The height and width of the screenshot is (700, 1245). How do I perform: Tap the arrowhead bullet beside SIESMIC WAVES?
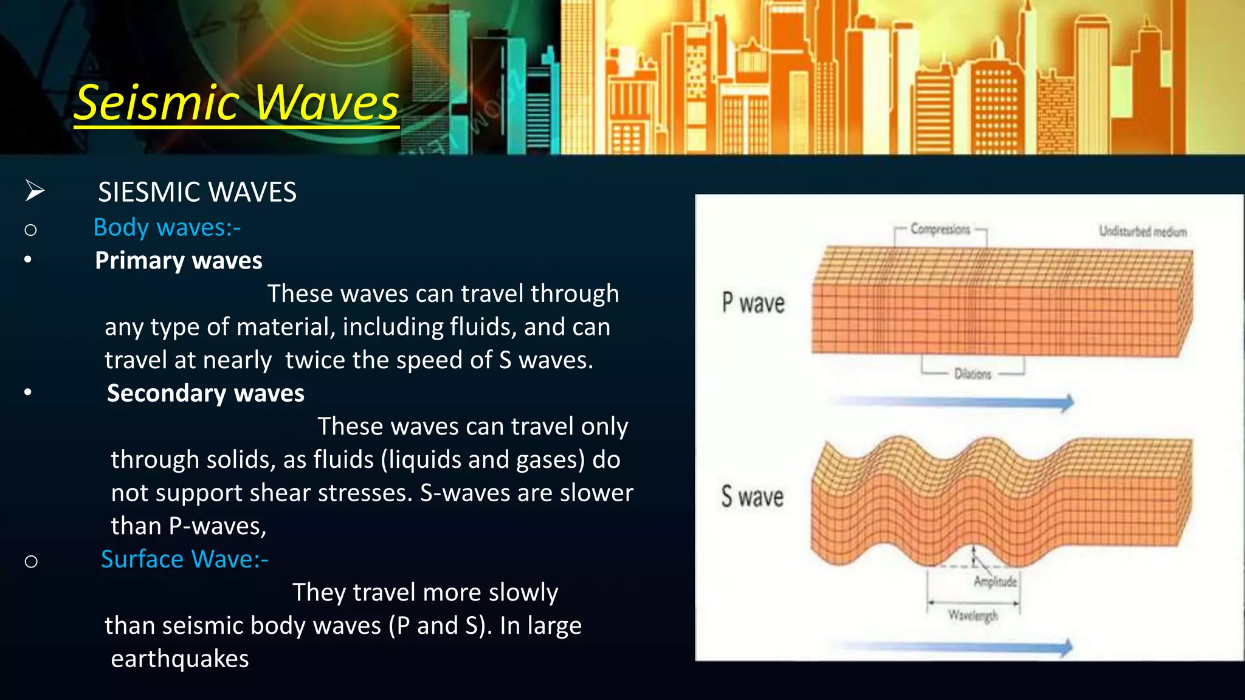coord(35,191)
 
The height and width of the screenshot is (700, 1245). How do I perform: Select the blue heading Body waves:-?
coord(167,227)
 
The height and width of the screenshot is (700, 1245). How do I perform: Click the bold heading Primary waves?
coord(179,260)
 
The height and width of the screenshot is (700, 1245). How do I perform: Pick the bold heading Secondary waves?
coord(205,393)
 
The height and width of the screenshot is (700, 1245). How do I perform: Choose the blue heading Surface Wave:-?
coord(184,559)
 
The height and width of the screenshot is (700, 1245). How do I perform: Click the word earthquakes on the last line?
coord(180,659)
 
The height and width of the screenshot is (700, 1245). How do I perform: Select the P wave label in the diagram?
coord(753,303)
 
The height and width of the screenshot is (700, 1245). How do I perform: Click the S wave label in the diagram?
coord(752,496)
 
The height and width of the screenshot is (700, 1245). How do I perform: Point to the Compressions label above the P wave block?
coord(940,230)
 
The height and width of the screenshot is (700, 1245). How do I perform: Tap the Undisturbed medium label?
coord(1142,232)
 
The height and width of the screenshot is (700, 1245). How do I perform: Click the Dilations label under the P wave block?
coord(973,374)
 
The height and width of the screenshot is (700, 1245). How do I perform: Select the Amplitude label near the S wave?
coord(995,582)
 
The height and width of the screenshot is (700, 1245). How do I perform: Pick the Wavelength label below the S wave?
coord(973,616)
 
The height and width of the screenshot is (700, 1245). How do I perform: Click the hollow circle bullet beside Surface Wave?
coord(31,561)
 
